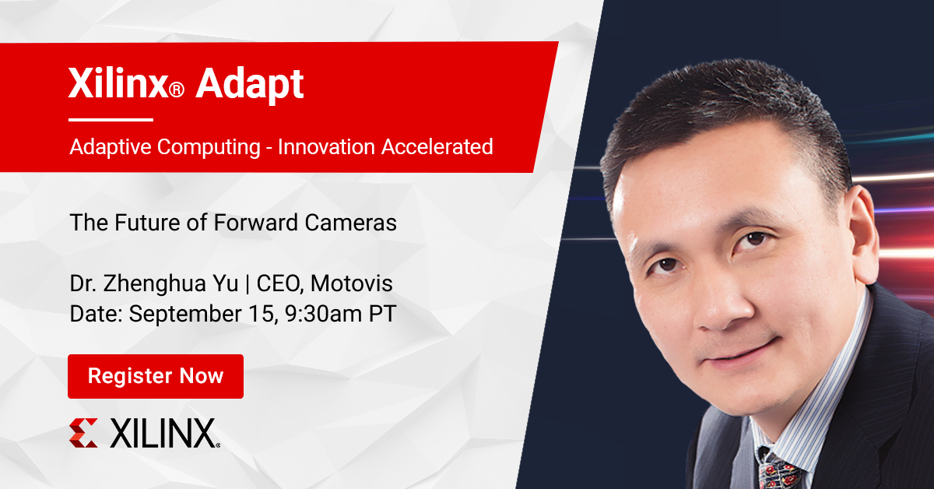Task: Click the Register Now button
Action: click(x=156, y=377)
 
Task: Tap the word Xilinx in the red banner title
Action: click(x=118, y=85)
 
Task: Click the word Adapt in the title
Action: click(x=249, y=85)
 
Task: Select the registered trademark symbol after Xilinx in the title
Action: click(x=177, y=91)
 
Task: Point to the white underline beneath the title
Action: click(x=111, y=120)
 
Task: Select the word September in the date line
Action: click(x=180, y=314)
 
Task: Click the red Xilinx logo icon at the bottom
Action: click(x=83, y=433)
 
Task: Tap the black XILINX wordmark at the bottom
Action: click(x=163, y=434)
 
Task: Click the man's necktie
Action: click(x=778, y=470)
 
